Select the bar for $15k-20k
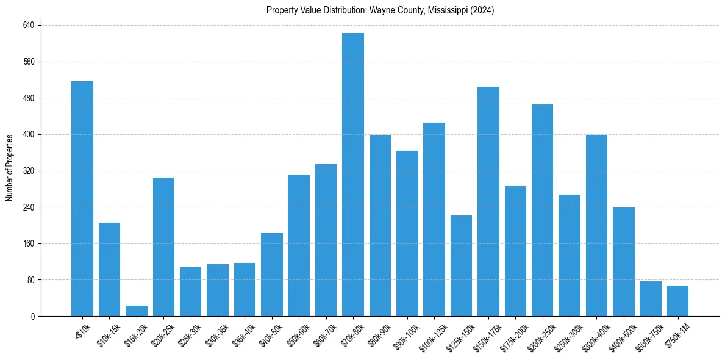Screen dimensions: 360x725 pos(137,311)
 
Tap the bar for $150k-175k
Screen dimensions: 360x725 pos(488,201)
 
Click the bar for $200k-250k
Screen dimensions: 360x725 pos(542,211)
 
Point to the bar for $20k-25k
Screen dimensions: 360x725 pos(163,247)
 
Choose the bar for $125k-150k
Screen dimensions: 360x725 pos(461,266)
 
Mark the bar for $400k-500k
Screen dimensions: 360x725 pos(623,262)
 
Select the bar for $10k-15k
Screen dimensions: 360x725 pos(109,270)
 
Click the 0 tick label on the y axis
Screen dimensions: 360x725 pos(33,317)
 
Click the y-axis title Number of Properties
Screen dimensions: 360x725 pos(9,168)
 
